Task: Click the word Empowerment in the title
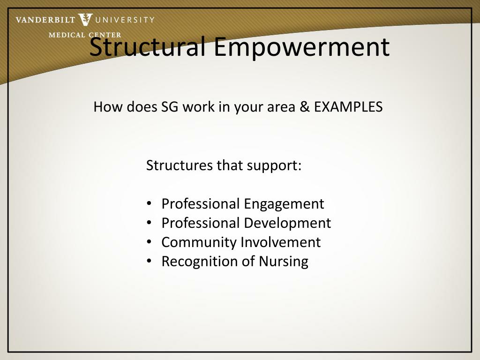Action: (302, 47)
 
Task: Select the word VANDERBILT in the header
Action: (45, 20)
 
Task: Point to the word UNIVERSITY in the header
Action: (125, 20)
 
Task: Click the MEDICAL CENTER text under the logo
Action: (85, 35)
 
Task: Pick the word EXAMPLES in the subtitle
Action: (348, 107)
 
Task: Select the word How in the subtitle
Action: (105, 107)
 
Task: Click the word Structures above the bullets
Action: (180, 165)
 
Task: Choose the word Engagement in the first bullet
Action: (284, 204)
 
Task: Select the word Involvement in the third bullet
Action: (281, 242)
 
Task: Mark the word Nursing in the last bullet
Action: (284, 262)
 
